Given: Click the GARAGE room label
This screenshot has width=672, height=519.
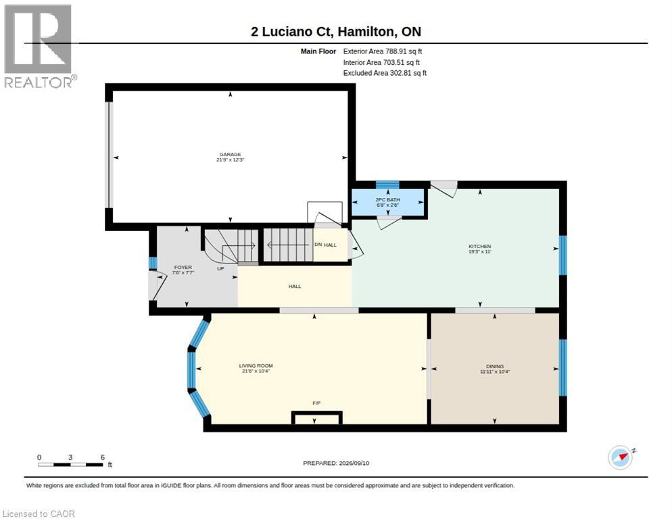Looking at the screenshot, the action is click(230, 154).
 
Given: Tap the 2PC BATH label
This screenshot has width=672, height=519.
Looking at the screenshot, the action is click(387, 200).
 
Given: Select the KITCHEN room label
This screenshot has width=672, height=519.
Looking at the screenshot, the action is click(479, 247).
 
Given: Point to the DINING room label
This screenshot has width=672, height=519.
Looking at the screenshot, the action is click(495, 366).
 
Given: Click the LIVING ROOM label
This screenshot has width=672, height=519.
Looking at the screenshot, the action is click(256, 366).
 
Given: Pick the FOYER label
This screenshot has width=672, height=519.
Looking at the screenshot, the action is click(183, 267).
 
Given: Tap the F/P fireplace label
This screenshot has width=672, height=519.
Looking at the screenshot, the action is click(316, 403).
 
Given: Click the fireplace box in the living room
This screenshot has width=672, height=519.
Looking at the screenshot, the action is click(316, 418).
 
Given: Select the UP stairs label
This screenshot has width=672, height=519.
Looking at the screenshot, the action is click(220, 269).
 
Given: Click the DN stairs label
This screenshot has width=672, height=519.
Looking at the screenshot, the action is click(318, 244).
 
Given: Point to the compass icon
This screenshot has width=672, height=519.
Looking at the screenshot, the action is click(620, 458).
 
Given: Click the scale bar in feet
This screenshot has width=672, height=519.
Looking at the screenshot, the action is click(71, 464).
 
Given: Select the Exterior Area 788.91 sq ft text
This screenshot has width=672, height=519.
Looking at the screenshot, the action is click(383, 51).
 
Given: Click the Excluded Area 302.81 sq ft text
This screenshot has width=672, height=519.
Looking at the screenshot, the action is click(385, 73).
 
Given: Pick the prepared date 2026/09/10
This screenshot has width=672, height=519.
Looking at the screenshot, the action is click(354, 463).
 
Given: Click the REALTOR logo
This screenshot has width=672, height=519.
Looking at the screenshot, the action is click(39, 46).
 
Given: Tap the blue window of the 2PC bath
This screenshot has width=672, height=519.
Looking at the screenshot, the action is click(387, 184).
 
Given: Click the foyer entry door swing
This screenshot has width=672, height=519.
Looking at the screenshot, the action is click(158, 286).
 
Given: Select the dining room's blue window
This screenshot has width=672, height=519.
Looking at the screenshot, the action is click(563, 367).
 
